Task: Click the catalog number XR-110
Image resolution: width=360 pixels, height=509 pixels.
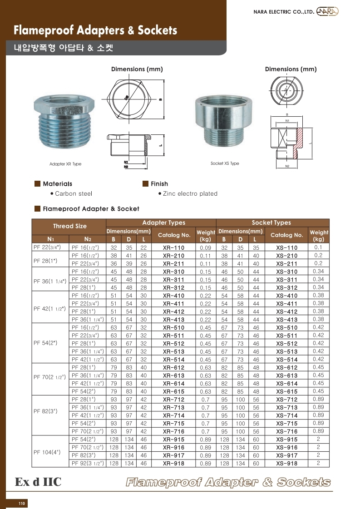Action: point(174,247)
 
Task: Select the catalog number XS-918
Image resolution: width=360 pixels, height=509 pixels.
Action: point(286,464)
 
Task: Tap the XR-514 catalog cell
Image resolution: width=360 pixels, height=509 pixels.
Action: point(174,360)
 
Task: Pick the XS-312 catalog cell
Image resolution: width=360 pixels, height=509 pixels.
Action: point(286,287)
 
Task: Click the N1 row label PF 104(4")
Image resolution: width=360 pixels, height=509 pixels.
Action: point(47,452)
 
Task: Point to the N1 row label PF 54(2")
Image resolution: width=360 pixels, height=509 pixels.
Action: point(45,343)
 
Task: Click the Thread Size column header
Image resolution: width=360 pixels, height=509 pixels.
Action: point(70,226)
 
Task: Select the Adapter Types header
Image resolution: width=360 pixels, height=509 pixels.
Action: point(163,222)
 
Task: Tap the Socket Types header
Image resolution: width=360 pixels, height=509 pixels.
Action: point(271,222)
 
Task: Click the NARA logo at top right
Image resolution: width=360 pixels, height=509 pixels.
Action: point(327,11)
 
